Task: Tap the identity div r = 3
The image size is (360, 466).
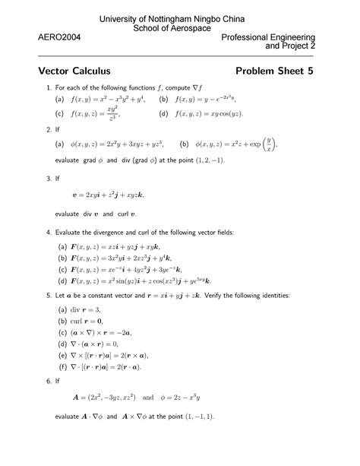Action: tap(88, 309)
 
